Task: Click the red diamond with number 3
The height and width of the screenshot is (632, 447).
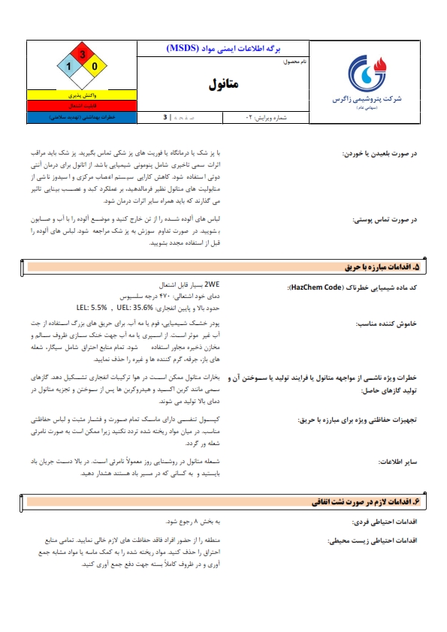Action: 82,55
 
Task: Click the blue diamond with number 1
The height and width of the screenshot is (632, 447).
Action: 69,67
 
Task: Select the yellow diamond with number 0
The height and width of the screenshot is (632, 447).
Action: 95,67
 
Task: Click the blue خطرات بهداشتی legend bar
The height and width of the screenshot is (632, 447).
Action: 81,118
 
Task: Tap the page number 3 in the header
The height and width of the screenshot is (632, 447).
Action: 165,118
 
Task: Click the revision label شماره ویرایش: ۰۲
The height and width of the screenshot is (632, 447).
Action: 267,118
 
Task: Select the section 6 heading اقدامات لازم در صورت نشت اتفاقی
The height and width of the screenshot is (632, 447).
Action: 368,500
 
